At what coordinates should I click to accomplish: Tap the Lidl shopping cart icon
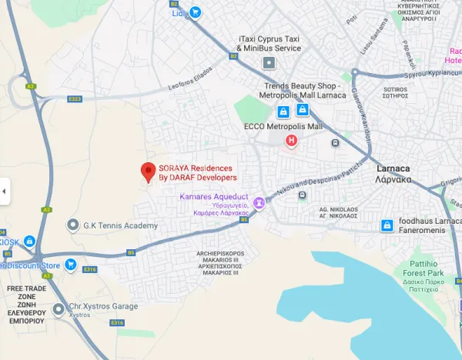coord(196,12)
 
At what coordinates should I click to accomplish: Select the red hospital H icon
coord(291,141)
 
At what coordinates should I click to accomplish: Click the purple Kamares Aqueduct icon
coord(259,203)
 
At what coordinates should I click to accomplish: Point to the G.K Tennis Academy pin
coord(72,225)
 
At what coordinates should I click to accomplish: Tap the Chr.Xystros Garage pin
coord(59,309)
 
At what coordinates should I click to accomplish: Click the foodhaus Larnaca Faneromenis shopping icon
coord(388,225)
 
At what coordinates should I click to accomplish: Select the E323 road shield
coord(75,99)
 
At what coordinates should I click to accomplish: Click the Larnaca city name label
coord(393,168)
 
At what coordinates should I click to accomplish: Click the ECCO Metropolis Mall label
coord(282,126)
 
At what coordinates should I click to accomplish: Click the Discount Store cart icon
coord(70,265)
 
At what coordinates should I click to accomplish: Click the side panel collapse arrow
coord(5,190)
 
